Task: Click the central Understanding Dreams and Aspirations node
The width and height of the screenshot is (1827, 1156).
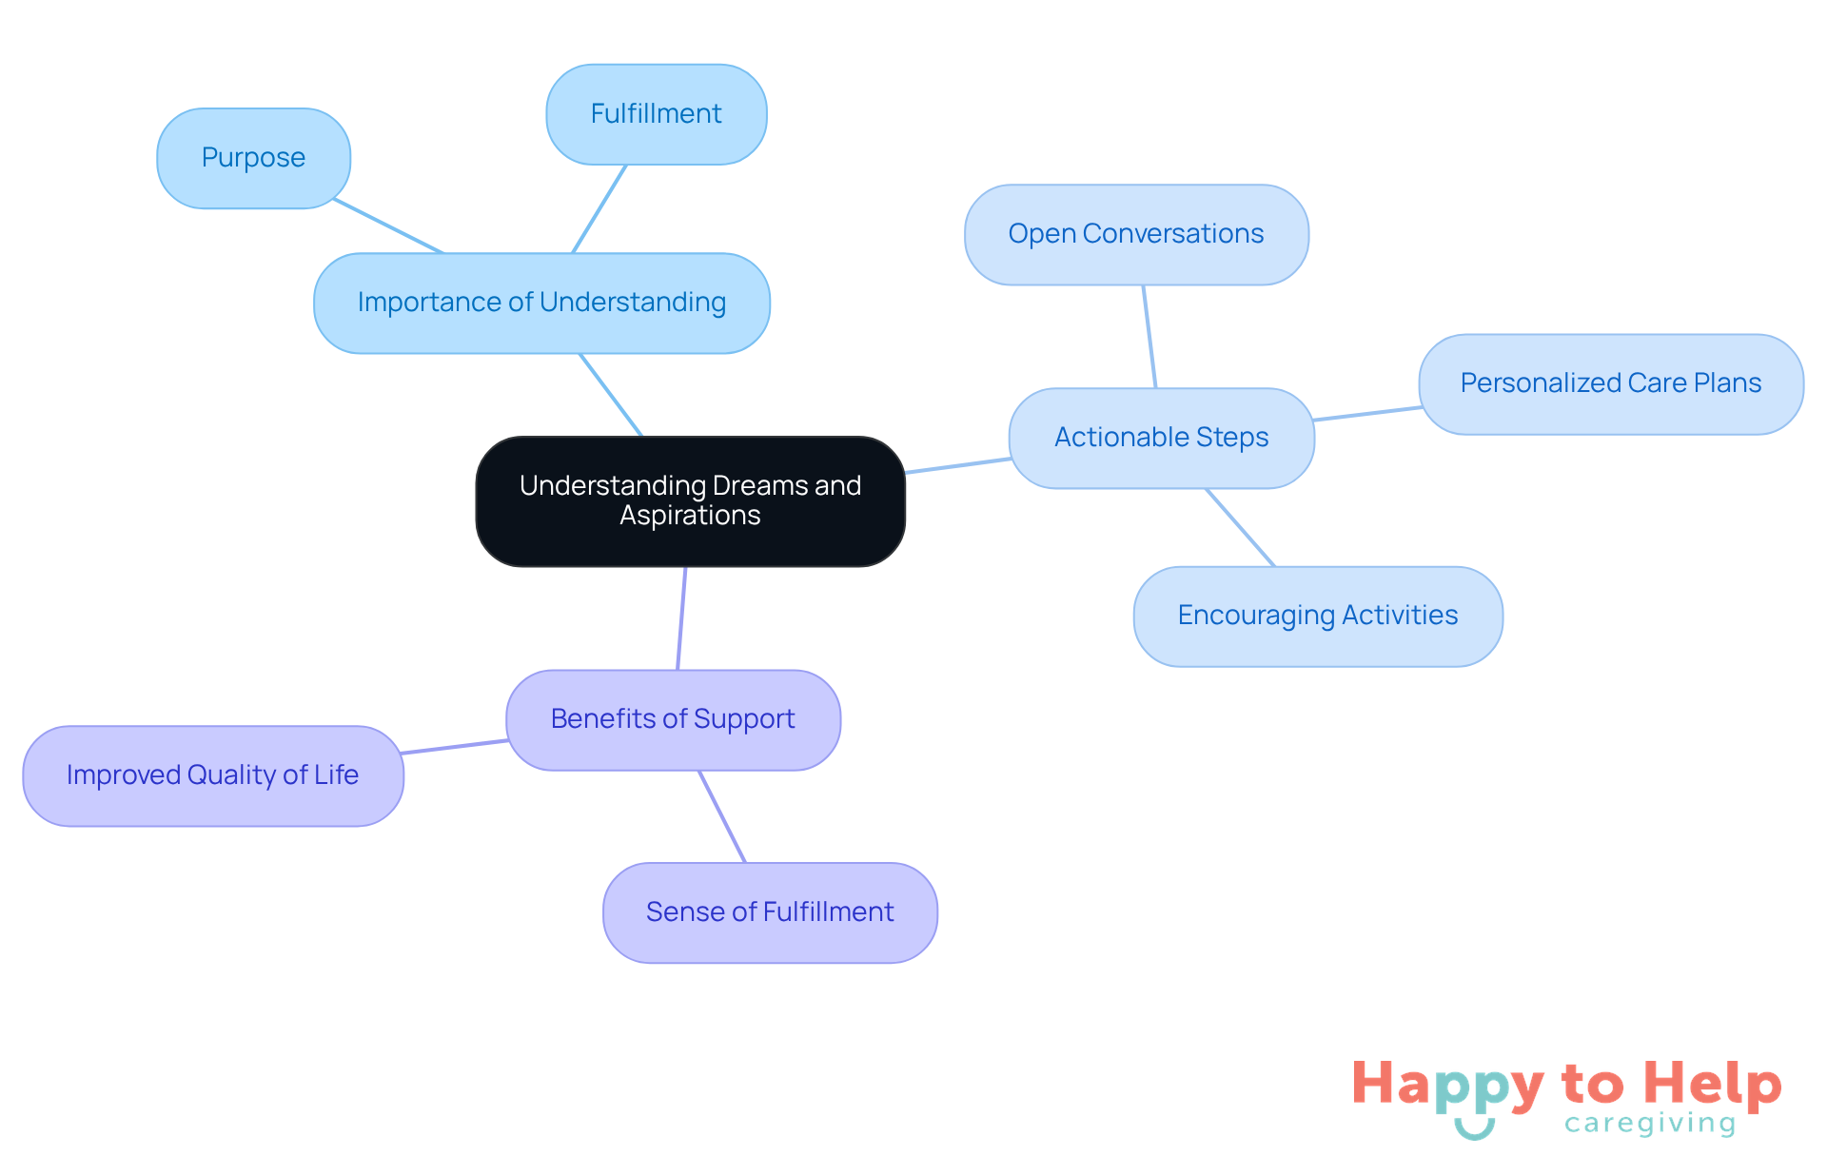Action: coord(690,501)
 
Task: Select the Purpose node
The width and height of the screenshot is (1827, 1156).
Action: coord(253,158)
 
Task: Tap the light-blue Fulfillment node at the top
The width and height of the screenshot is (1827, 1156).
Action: coord(656,114)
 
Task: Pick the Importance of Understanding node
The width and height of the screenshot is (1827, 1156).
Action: coord(541,303)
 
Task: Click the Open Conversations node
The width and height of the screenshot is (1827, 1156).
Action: coord(1136,234)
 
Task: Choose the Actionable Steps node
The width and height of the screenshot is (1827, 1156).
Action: coord(1161,438)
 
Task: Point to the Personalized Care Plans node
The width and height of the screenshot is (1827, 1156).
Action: coord(1610,383)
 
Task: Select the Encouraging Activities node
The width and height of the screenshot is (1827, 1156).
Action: coord(1317,616)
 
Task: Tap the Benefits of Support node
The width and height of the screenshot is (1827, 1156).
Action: coord(673,719)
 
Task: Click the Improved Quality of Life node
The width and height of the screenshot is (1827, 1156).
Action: coord(212,775)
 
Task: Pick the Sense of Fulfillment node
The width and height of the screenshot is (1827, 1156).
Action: coord(770,912)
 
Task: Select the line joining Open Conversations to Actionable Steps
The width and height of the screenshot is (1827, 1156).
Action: coord(1149,337)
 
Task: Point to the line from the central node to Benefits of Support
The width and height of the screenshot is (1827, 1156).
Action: coord(681,618)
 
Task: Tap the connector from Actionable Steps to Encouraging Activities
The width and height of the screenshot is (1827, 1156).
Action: coord(1241,528)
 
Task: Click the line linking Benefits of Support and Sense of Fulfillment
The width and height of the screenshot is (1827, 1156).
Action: coord(722,816)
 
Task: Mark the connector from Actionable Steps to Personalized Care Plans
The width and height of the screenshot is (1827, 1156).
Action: coord(1367,414)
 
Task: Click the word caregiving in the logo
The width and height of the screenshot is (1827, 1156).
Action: coord(1650,1124)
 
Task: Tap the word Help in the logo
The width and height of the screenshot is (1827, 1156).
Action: coord(1712,1085)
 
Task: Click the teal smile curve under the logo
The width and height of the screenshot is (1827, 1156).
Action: coord(1474,1129)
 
